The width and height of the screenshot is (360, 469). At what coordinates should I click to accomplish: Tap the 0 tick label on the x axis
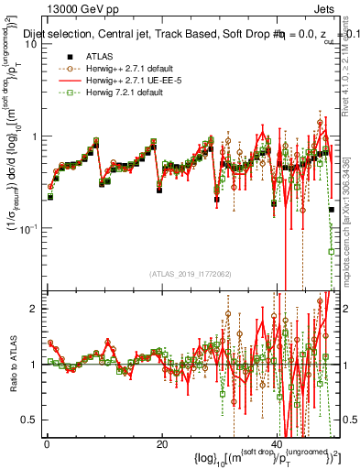coord(47,446)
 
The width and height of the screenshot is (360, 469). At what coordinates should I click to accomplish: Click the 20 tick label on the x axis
coord(162,446)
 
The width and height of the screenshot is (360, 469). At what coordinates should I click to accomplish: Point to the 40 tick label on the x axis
coord(278,446)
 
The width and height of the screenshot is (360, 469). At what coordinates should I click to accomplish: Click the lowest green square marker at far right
coord(331,251)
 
